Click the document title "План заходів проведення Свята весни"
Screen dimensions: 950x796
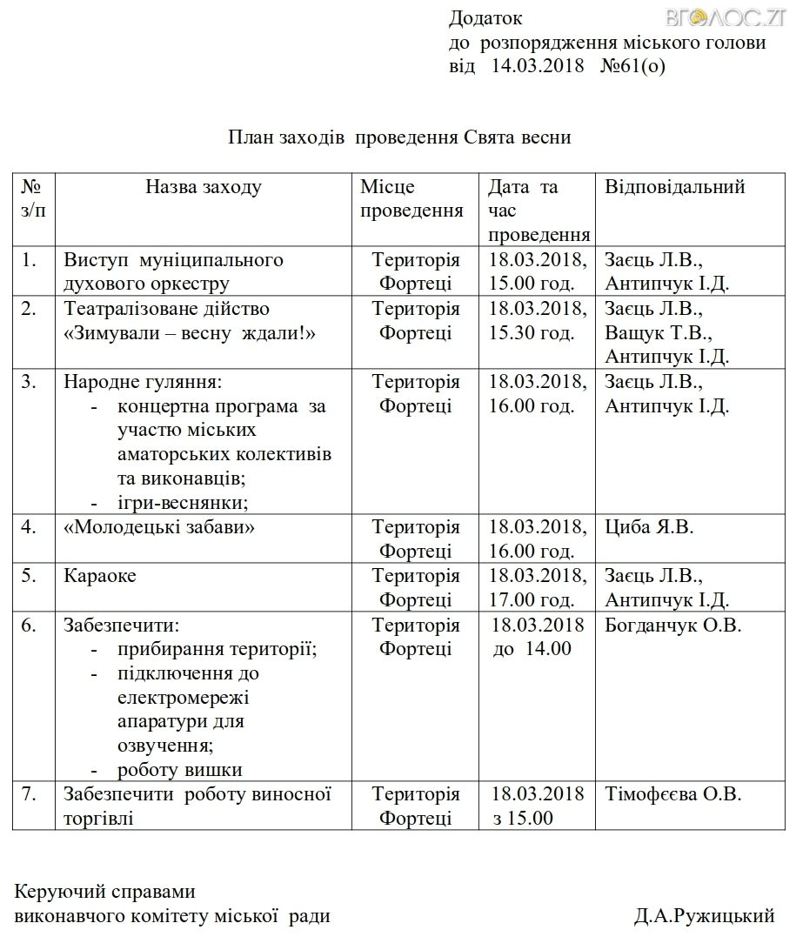(399, 137)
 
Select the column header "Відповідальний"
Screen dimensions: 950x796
(675, 187)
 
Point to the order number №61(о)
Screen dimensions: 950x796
(632, 65)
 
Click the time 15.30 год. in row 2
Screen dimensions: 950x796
(532, 332)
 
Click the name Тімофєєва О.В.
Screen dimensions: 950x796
(673, 793)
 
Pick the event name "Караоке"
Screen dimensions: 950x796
(100, 576)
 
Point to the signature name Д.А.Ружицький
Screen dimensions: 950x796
(704, 915)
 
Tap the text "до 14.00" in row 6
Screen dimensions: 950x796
(532, 649)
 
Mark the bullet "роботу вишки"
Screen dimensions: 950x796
(179, 770)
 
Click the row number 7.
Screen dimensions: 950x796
(29, 793)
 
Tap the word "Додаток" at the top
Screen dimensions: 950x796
(486, 18)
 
